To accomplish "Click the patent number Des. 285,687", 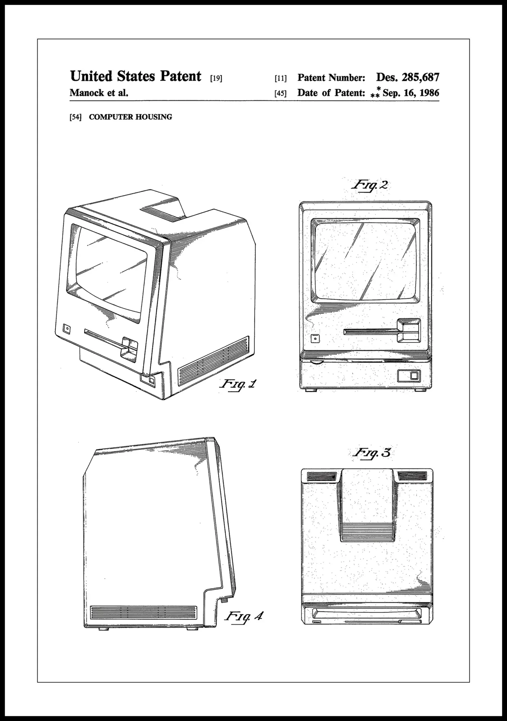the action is point(408,78).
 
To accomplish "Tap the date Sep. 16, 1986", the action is point(411,93).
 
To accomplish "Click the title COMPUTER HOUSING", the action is point(130,117).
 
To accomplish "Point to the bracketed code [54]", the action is point(76,117).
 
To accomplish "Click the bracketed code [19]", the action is point(216,78).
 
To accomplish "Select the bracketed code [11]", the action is point(281,78).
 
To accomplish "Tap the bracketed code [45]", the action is point(281,93).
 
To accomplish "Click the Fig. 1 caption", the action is point(238,385).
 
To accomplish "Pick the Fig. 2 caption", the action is point(370,186).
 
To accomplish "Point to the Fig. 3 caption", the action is point(371,453).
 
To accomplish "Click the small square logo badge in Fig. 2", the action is point(315,339).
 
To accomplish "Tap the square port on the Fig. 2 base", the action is point(414,376).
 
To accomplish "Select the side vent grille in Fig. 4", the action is point(144,612).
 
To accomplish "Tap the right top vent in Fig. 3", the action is point(412,477).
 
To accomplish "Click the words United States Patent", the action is point(135,76).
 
